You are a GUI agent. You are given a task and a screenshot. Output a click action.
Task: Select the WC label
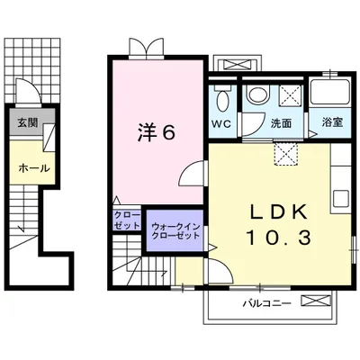click(x=221, y=122)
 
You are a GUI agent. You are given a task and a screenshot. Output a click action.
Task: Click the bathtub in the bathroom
click(x=329, y=94)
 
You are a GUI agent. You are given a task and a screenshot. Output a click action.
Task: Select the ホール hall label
click(x=33, y=167)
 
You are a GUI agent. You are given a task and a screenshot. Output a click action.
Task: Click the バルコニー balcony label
click(x=265, y=303)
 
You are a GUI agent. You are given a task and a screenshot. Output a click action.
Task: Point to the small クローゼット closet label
click(x=124, y=220)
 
